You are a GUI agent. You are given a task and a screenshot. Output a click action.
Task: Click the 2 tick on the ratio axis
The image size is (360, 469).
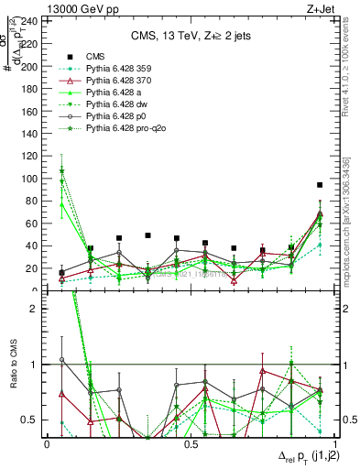(x=37, y=309)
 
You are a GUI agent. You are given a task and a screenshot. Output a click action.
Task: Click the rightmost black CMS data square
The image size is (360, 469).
(x=320, y=185)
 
